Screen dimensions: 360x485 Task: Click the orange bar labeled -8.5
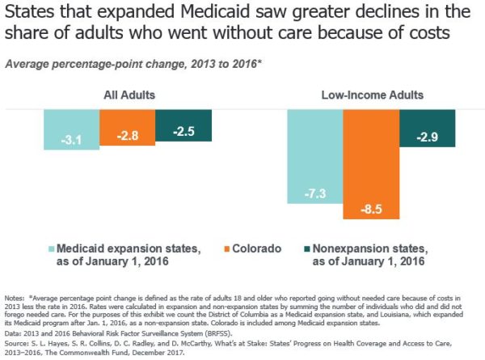pos(370,162)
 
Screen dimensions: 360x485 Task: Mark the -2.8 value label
pos(127,138)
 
